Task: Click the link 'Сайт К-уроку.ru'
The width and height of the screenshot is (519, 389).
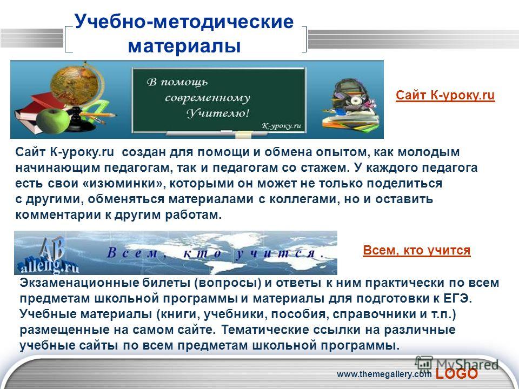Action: click(x=445, y=95)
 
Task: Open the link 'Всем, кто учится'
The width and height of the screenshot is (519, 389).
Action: click(x=417, y=250)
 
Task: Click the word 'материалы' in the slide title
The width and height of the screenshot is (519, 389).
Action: click(x=184, y=46)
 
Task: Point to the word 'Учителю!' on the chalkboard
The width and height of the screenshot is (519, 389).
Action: click(x=218, y=113)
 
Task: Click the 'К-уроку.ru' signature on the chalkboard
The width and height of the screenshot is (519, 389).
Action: click(x=281, y=126)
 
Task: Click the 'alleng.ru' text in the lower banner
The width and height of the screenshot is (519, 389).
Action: click(x=49, y=265)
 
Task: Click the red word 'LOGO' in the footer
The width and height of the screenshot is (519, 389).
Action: click(x=457, y=374)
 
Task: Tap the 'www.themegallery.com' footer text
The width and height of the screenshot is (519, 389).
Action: click(x=384, y=374)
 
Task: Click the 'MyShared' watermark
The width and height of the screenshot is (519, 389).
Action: click(x=457, y=364)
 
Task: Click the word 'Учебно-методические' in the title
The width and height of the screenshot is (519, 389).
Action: click(x=184, y=22)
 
